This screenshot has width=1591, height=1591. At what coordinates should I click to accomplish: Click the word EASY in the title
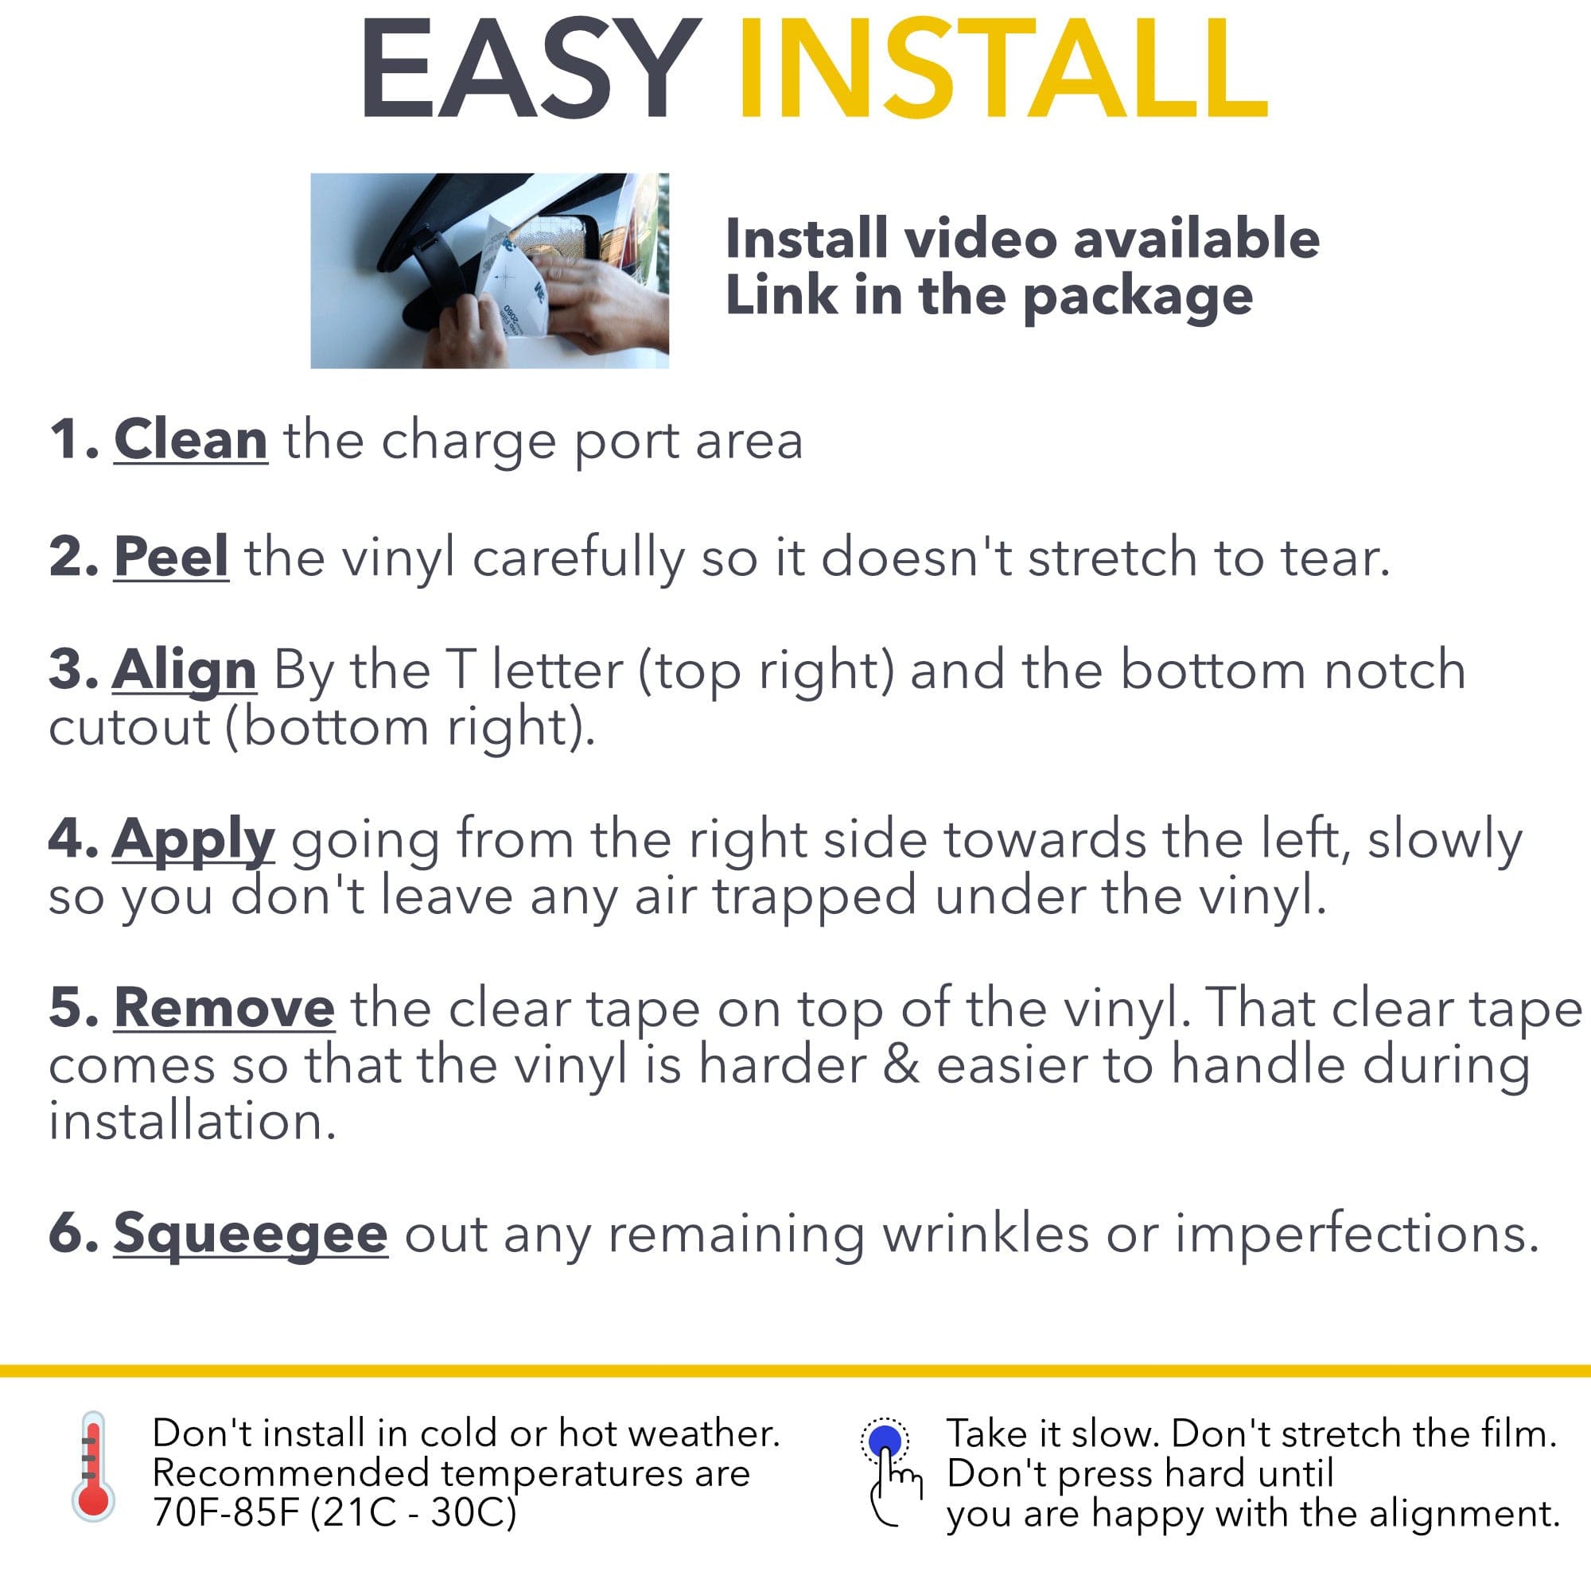coord(531,70)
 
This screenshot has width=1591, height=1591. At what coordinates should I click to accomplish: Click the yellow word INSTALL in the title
coord(1003,70)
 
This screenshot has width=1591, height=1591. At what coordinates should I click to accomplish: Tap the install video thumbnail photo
coord(489,270)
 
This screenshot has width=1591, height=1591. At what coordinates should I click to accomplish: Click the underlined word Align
coord(185,671)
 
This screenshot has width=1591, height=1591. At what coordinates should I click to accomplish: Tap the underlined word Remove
coord(224,1007)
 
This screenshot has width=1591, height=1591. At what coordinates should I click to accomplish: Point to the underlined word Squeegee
coord(251,1235)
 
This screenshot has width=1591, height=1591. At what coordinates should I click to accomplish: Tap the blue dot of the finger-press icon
coord(885,1441)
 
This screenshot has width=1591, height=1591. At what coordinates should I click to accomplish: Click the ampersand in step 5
coord(901,1065)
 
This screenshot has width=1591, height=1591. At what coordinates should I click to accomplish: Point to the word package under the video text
coord(1138,298)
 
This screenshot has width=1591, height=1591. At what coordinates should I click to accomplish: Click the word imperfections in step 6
coord(1356,1235)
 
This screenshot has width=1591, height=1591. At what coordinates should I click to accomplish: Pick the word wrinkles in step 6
coord(985,1235)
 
